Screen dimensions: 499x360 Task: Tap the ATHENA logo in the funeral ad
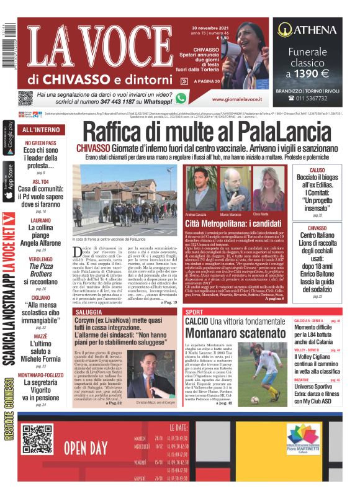point(307,29)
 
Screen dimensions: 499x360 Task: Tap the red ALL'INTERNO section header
point(41,130)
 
